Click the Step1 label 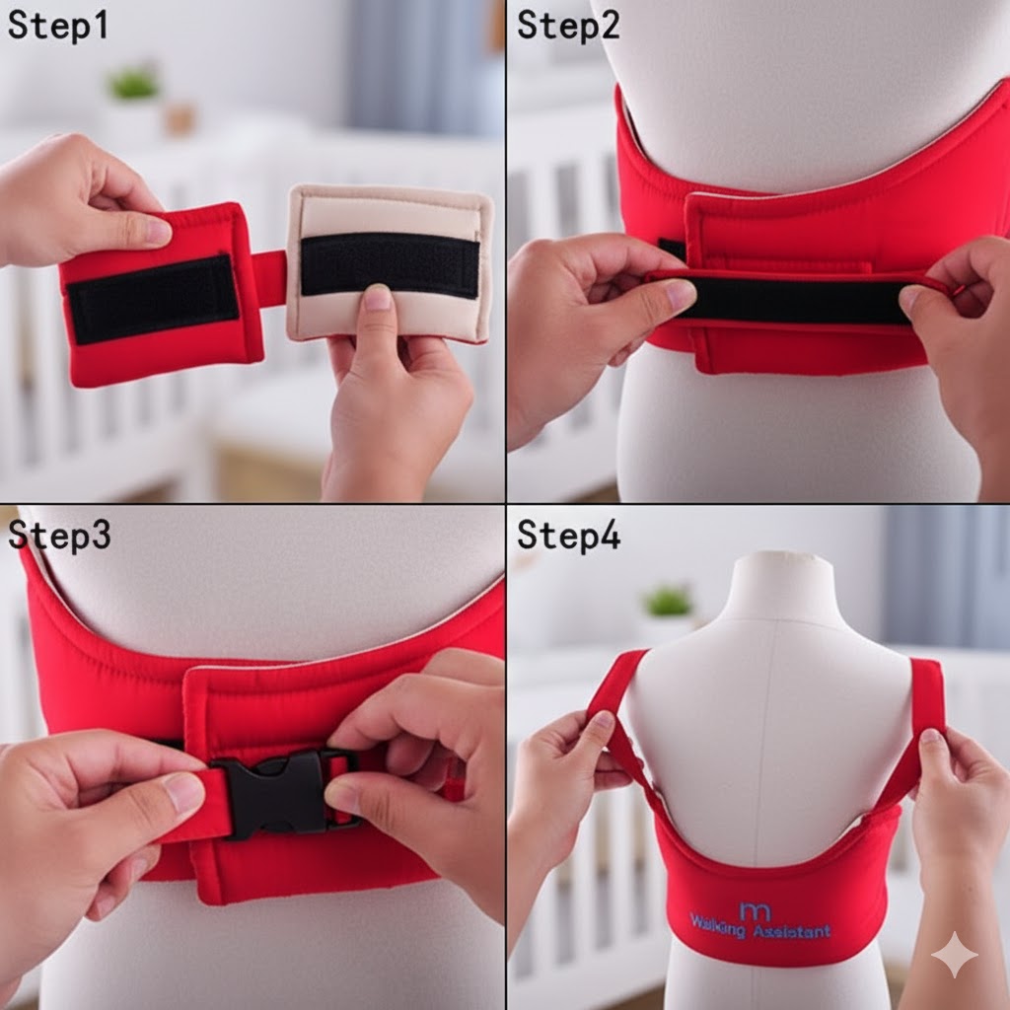57,26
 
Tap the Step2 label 568,26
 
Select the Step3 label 59,535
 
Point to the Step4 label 569,535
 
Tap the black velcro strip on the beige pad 389,264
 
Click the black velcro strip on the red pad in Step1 153,298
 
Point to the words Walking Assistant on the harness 759,929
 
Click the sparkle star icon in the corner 954,954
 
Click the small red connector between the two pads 269,277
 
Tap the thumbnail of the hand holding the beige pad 377,298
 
